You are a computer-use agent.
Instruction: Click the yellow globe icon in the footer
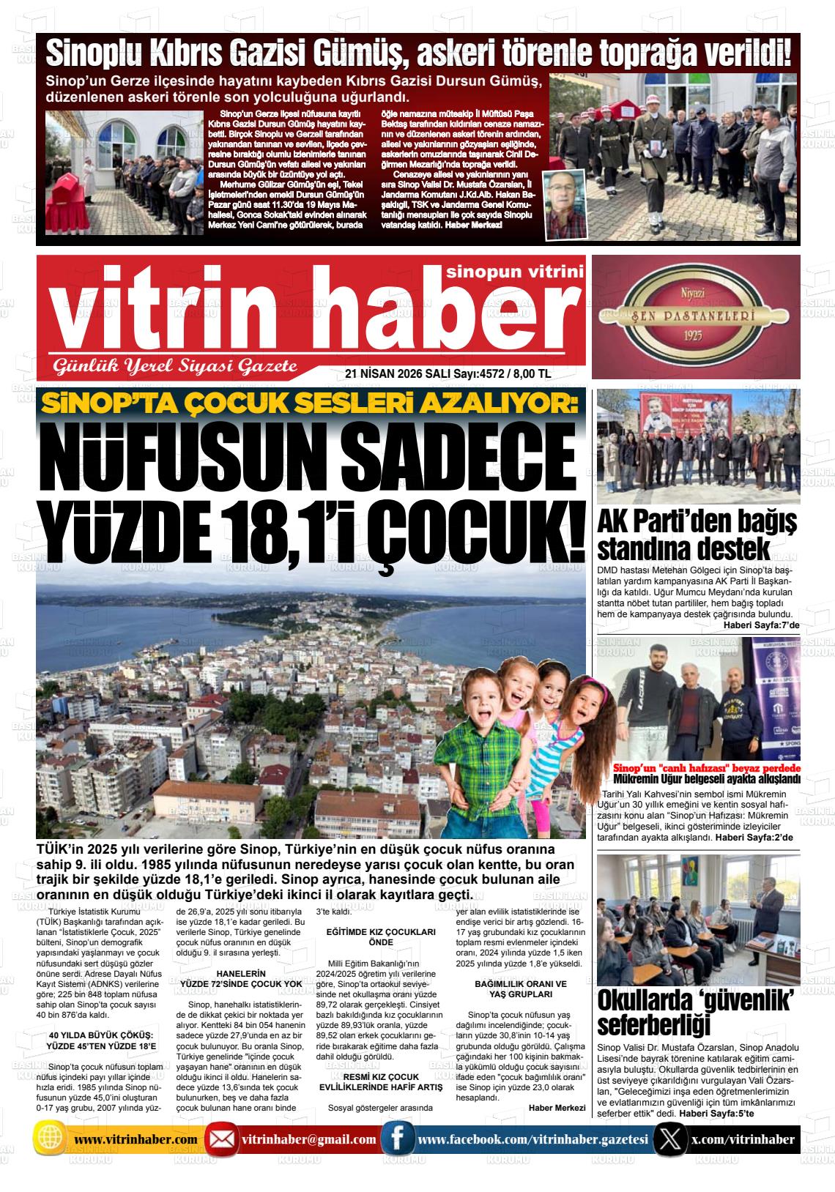[50, 1139]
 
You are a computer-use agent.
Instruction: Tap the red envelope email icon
[221, 1140]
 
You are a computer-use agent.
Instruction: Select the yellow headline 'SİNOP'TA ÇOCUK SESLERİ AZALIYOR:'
[310, 403]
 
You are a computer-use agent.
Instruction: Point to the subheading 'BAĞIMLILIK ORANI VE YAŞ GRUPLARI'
[520, 988]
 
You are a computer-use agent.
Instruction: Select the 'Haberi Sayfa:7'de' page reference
[761, 625]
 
